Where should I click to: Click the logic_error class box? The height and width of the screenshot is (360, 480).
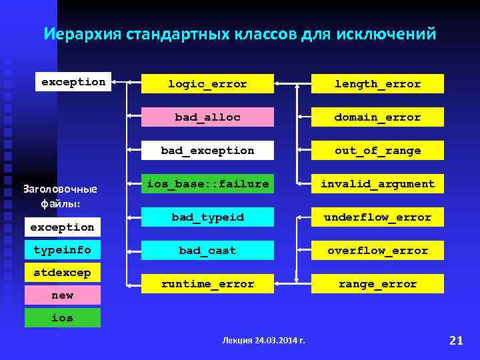tap(207, 84)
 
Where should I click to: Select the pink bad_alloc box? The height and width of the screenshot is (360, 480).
tap(207, 117)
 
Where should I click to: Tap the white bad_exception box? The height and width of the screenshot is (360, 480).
tap(207, 151)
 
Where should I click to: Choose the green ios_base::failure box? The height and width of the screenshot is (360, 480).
tap(207, 183)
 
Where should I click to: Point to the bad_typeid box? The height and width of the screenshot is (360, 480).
tap(207, 217)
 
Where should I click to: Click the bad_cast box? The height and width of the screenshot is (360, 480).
tap(207, 251)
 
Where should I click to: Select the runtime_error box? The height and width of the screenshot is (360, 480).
tap(207, 284)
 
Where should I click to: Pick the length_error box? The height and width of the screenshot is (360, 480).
tap(377, 84)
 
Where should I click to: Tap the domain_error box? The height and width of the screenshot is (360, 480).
tap(377, 117)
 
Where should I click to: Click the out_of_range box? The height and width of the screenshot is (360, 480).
tap(377, 151)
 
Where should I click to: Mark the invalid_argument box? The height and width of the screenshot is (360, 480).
tap(377, 184)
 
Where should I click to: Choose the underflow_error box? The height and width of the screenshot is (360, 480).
tap(377, 217)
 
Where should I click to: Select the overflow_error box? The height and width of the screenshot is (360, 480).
tap(377, 251)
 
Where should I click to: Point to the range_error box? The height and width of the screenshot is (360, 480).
tap(377, 284)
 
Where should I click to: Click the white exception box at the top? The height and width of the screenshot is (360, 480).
tap(73, 82)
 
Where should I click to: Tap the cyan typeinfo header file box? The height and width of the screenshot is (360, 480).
tap(63, 250)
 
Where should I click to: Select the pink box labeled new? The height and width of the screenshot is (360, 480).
tap(63, 295)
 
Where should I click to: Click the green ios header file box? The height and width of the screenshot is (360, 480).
tap(63, 318)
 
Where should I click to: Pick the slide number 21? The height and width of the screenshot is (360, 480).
tap(456, 341)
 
